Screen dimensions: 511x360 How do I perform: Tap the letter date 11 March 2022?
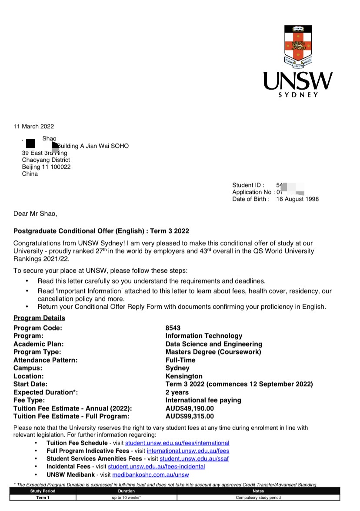[33, 127]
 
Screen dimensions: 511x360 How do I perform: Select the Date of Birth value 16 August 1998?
[297, 199]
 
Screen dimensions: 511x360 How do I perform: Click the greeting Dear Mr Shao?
[35, 214]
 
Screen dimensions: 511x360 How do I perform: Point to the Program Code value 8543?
[173, 328]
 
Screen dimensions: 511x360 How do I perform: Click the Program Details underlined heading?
[39, 318]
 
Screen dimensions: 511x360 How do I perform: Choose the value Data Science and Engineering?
[213, 344]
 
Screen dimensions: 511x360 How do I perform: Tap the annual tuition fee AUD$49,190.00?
[190, 408]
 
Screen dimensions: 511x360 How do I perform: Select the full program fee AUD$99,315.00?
[190, 417]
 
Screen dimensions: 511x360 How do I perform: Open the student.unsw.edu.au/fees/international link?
[177, 443]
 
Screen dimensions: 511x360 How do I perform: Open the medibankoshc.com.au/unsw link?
[150, 474]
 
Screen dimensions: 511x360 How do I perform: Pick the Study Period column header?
[43, 491]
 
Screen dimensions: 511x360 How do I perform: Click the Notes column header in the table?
[258, 491]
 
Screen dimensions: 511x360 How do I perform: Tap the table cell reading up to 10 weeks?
[126, 498]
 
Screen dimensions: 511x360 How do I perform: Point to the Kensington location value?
[184, 376]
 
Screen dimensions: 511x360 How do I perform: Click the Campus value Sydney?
[177, 368]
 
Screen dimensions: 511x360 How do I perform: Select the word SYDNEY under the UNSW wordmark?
[298, 95]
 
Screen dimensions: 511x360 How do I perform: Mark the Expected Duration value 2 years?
[177, 392]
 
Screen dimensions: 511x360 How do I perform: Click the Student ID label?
[248, 185]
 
